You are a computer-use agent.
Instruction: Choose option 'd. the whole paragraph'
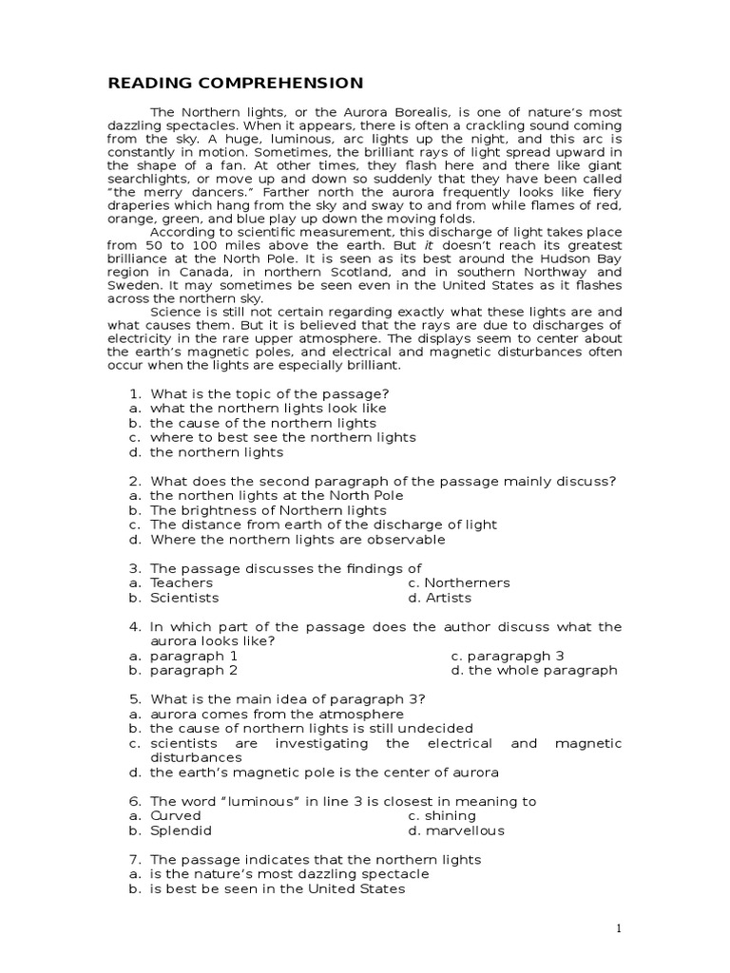click(533, 670)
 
